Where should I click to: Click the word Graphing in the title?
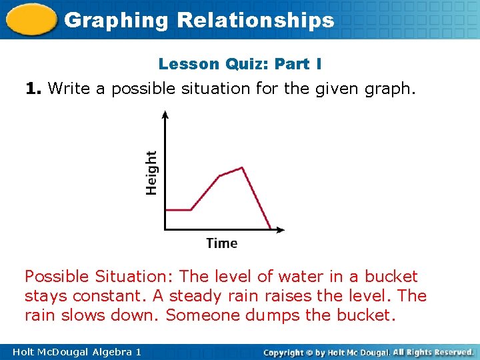coord(117,20)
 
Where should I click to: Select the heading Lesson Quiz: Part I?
coord(240,64)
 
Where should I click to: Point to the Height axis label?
coord(152,173)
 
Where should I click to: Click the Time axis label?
coord(221,243)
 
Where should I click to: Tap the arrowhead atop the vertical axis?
coord(165,115)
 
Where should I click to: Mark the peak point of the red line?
coord(241,168)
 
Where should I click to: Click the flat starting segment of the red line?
coord(178,210)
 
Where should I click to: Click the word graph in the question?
coord(392,88)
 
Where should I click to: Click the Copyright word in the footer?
coord(289,351)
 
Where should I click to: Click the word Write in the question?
coord(70,87)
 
